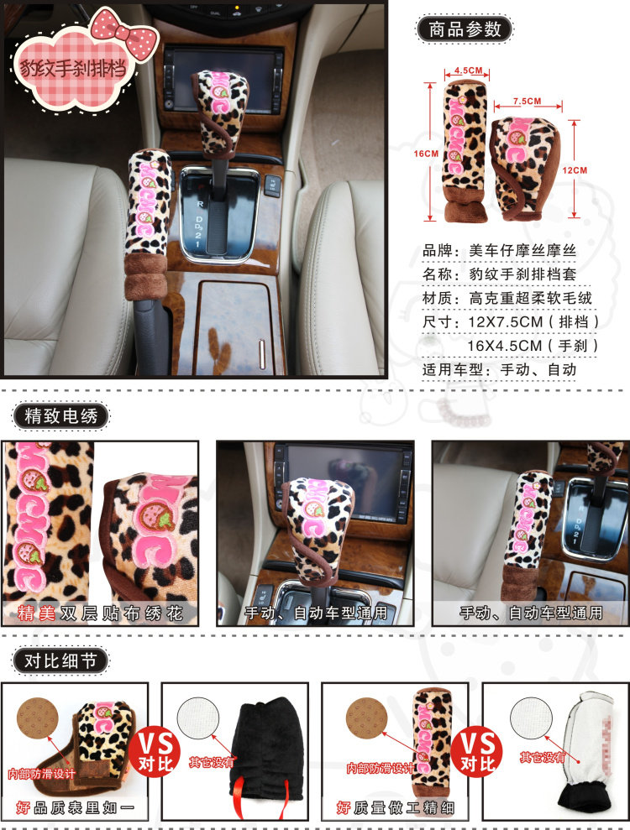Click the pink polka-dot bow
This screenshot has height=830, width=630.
pyautogui.click(x=125, y=33)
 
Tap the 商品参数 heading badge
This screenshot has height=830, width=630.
pyautogui.click(x=465, y=29)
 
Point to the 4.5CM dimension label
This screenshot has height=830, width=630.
pyautogui.click(x=469, y=70)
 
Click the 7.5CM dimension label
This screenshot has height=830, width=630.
pyautogui.click(x=527, y=101)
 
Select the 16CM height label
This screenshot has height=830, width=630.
pyautogui.click(x=426, y=154)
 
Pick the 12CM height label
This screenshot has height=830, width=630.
pyautogui.click(x=575, y=170)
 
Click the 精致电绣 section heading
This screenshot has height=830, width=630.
pyautogui.click(x=61, y=415)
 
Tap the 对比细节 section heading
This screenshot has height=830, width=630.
pyautogui.click(x=60, y=660)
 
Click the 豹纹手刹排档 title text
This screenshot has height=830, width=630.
pyautogui.click(x=73, y=68)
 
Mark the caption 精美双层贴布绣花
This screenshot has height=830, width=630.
pyautogui.click(x=100, y=613)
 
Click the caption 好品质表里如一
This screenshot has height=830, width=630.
pyautogui.click(x=76, y=807)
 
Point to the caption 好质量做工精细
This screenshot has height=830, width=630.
pyautogui.click(x=396, y=807)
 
